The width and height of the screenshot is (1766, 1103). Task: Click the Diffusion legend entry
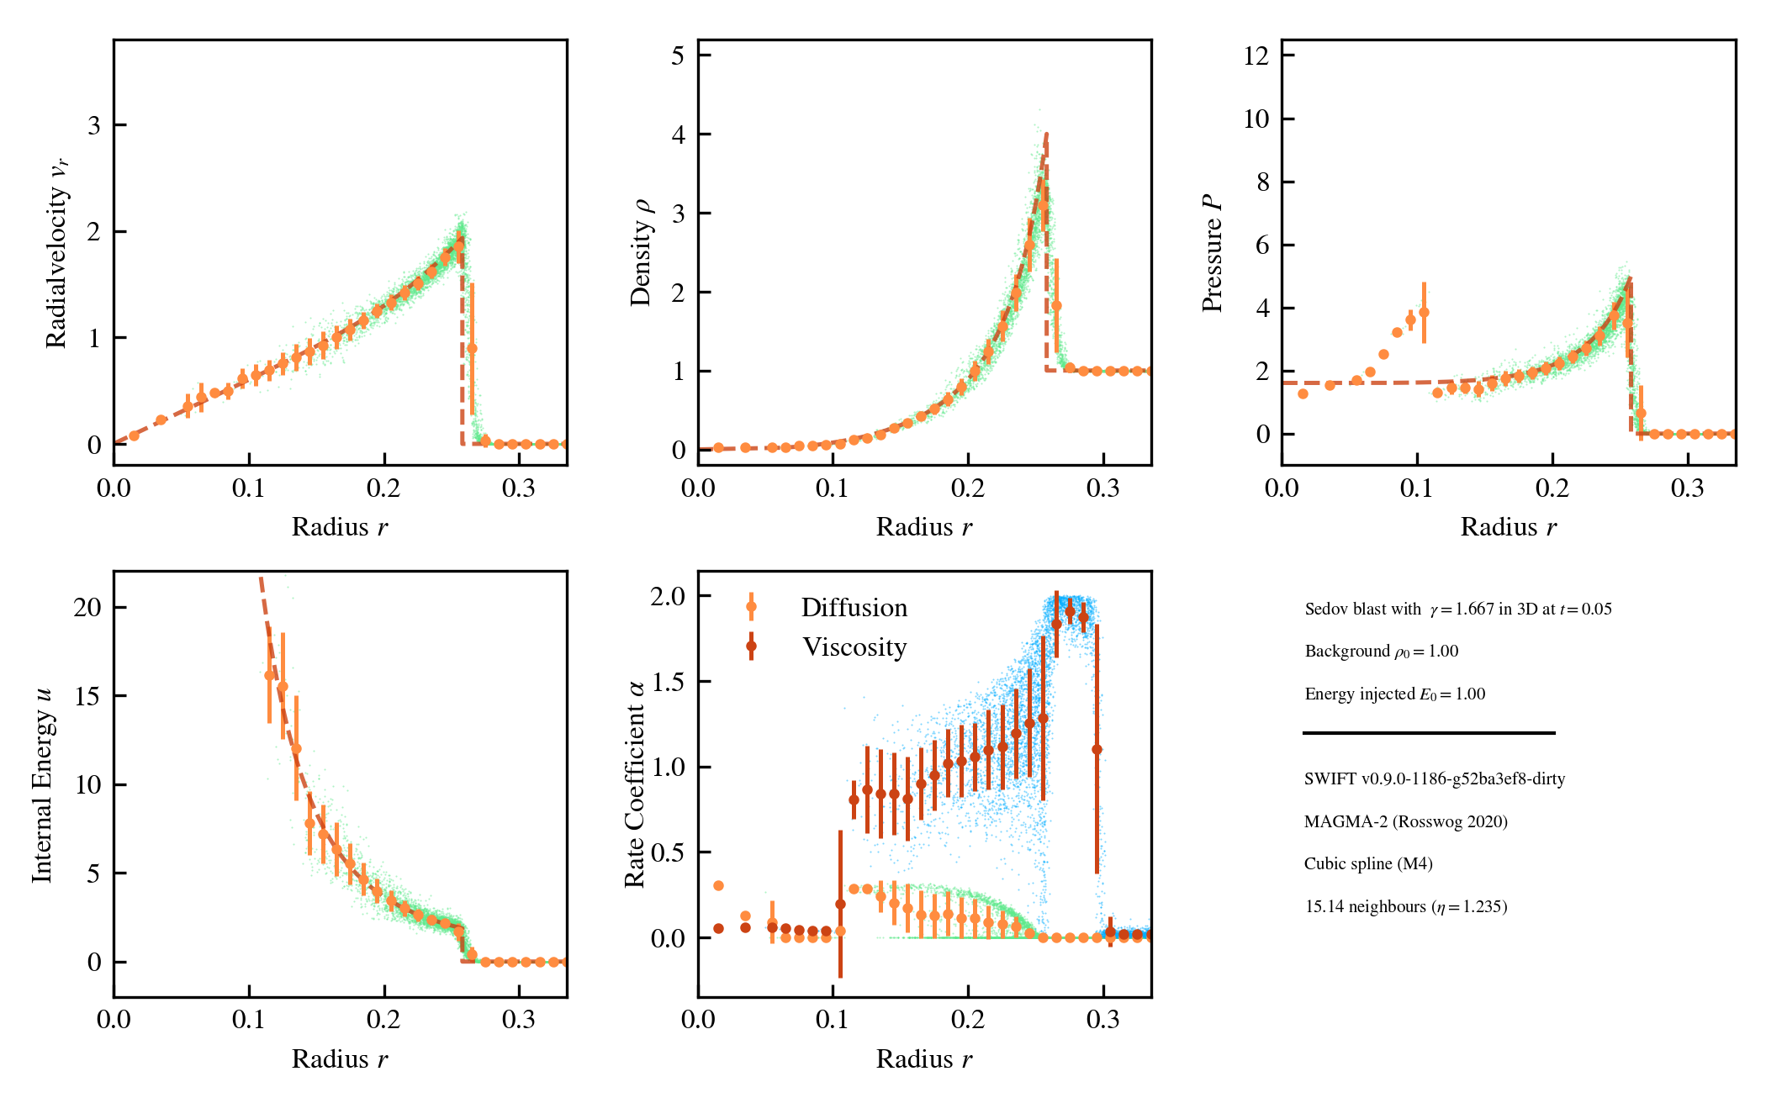coord(854,608)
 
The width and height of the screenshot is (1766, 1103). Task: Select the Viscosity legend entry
coord(854,647)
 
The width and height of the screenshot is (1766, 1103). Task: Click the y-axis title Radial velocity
coord(57,252)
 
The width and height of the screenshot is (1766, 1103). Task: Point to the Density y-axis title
coord(641,252)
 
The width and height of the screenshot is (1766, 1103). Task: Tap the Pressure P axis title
coord(1212,252)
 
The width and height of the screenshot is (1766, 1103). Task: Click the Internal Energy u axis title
coord(42,784)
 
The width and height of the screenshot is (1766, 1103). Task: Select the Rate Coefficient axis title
coord(635,784)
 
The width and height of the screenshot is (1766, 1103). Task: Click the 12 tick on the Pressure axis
coord(1256,55)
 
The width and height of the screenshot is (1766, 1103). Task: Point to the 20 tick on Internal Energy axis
coord(87,607)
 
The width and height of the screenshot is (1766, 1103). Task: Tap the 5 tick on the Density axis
coord(678,55)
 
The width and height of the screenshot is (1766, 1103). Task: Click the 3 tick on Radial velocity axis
coord(94,125)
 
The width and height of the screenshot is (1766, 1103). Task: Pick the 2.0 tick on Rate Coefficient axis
coord(668,596)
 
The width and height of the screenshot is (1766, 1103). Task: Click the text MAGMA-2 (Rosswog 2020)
coord(1405,821)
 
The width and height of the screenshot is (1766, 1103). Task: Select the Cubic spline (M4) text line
coord(1368,863)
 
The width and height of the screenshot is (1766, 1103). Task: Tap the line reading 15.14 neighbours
coord(1405,906)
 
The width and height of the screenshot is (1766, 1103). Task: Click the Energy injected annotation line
coord(1394,694)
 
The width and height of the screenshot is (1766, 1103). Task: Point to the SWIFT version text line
coord(1434,778)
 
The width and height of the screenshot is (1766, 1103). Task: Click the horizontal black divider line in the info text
coord(1428,733)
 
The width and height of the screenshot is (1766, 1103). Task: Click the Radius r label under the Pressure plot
coord(1508,527)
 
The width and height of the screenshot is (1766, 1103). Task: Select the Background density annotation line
coord(1381,652)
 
